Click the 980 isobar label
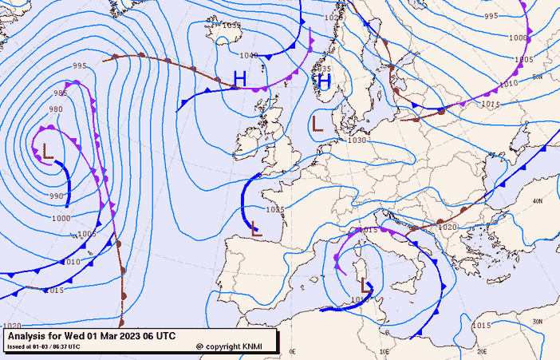(56, 109)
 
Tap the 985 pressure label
(61, 93)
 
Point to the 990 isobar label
(56, 196)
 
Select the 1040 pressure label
(249, 56)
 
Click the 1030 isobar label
(357, 140)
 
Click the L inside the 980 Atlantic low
(48, 150)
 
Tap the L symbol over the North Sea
(317, 123)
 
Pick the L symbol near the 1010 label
(366, 285)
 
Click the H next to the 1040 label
(239, 78)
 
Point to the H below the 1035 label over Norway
(324, 81)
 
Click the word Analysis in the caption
(28, 336)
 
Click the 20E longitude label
(482, 351)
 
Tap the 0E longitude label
(292, 351)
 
